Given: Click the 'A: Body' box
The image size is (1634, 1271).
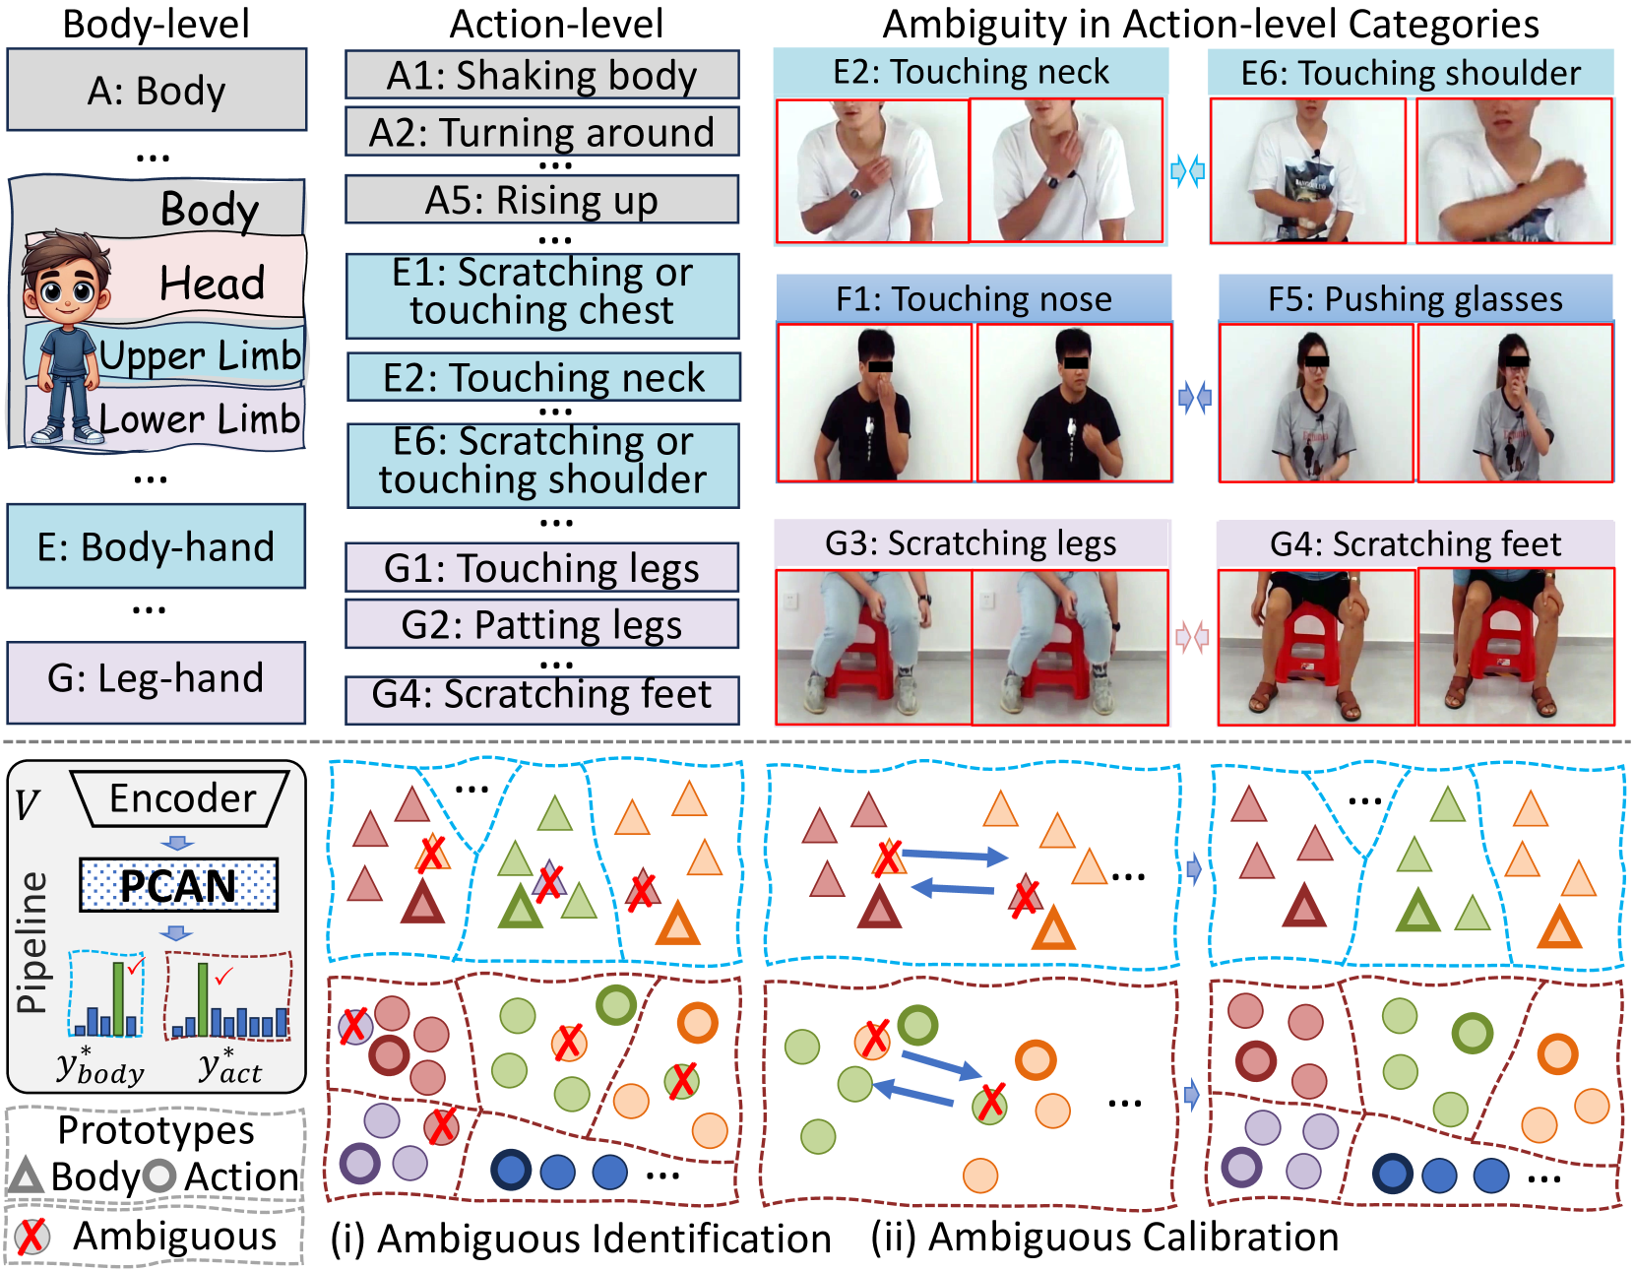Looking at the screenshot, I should coord(157,91).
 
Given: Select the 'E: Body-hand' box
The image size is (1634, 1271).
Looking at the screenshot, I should coord(157,547).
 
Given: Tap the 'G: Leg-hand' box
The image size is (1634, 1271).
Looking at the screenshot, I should coord(157,679).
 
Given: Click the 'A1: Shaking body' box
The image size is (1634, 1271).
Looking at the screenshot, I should coord(541,76).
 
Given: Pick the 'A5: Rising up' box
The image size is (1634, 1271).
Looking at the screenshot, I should coord(541,200).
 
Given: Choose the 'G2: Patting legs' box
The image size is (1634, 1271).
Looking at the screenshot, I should coord(541,625).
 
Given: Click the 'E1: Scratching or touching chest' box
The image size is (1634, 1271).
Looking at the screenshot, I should coord(542,292).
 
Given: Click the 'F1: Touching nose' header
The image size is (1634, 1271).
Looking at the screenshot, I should coord(974,298).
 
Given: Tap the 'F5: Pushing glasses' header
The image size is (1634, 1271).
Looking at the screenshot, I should coord(1415,298).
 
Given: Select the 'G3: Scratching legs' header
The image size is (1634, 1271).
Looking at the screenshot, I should coord(971,543).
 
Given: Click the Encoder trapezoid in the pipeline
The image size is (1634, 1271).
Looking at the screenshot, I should coord(181,798).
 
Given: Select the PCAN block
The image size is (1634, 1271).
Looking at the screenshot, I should coord(178,886).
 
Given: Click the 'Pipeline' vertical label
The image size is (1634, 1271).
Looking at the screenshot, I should coord(32,941).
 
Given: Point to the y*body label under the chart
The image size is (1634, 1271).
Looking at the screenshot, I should coord(99,1068).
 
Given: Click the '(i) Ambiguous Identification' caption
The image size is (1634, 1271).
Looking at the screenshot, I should coord(581,1239).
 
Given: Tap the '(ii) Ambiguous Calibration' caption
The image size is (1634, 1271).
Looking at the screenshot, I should coord(1104,1238).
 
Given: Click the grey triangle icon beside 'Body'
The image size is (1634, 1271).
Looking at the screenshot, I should coord(26,1176).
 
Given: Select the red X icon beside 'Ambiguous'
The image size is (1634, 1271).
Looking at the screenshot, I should coord(31,1237).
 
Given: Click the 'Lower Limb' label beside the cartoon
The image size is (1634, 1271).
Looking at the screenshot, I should coord(200,419).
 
